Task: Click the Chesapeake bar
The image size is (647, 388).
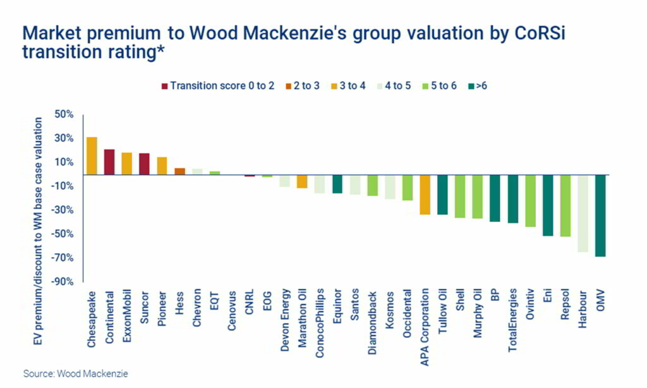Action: click(92, 155)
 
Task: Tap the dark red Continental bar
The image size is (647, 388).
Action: click(109, 162)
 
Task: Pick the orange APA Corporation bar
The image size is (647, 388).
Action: click(425, 194)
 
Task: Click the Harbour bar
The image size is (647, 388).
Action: click(583, 213)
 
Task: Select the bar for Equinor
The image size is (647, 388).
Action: click(337, 183)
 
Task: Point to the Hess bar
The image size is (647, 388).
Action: click(179, 171)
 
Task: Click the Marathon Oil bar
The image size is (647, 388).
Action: click(302, 181)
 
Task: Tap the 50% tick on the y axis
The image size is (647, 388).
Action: click(64, 114)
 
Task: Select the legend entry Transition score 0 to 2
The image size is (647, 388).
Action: click(218, 85)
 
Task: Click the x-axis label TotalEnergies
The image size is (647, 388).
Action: click(513, 314)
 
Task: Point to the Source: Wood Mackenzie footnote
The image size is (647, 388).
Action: click(75, 373)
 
